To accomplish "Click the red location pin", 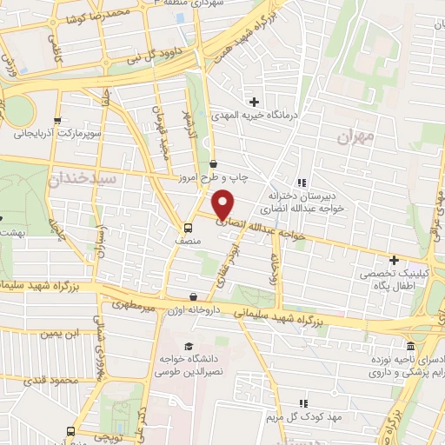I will coord(223,204).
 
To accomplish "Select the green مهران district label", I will coord(355,136).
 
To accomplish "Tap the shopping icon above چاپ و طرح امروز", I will coord(214,163).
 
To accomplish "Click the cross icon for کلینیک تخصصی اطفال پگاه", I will coord(394,260).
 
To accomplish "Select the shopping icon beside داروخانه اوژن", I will coord(192,297).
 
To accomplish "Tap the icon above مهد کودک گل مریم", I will coord(303,403).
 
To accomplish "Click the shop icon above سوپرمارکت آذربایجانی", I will coord(57,121).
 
